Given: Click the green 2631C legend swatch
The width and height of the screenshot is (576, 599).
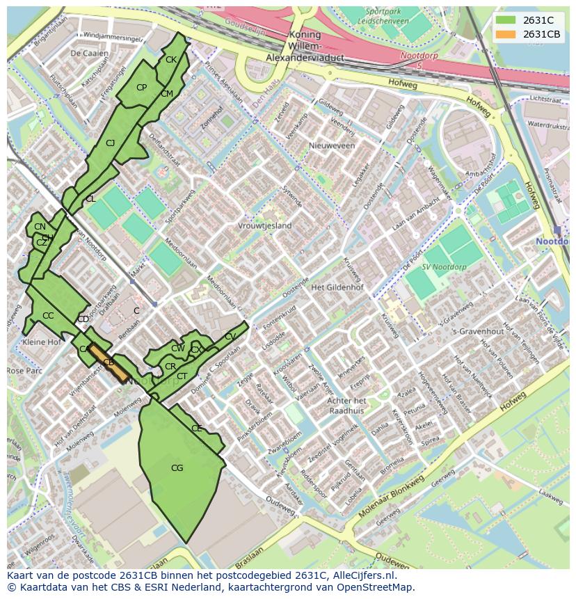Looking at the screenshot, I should (506, 20).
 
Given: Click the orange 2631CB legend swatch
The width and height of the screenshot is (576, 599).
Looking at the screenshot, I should (506, 35).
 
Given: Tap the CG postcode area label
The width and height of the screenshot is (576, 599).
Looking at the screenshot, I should (177, 468).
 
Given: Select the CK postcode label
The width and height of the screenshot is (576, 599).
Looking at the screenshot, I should (170, 60).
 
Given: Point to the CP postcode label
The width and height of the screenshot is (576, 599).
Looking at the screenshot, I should (141, 88).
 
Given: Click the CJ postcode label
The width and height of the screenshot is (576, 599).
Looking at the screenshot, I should (110, 143).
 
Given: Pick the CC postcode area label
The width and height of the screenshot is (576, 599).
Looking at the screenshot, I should (48, 316).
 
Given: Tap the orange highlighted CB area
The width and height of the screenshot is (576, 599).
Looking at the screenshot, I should (109, 362).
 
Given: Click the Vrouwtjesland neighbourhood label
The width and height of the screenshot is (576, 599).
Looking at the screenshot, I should (265, 226).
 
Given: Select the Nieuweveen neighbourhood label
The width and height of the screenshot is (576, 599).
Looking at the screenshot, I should (332, 146).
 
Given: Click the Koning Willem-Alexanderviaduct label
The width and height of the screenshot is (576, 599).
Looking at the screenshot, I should (306, 47).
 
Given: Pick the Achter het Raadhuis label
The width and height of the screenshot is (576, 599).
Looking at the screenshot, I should (346, 406).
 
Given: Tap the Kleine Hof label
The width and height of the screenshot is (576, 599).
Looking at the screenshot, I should (42, 342).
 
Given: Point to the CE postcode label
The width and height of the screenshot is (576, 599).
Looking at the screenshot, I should (196, 429).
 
